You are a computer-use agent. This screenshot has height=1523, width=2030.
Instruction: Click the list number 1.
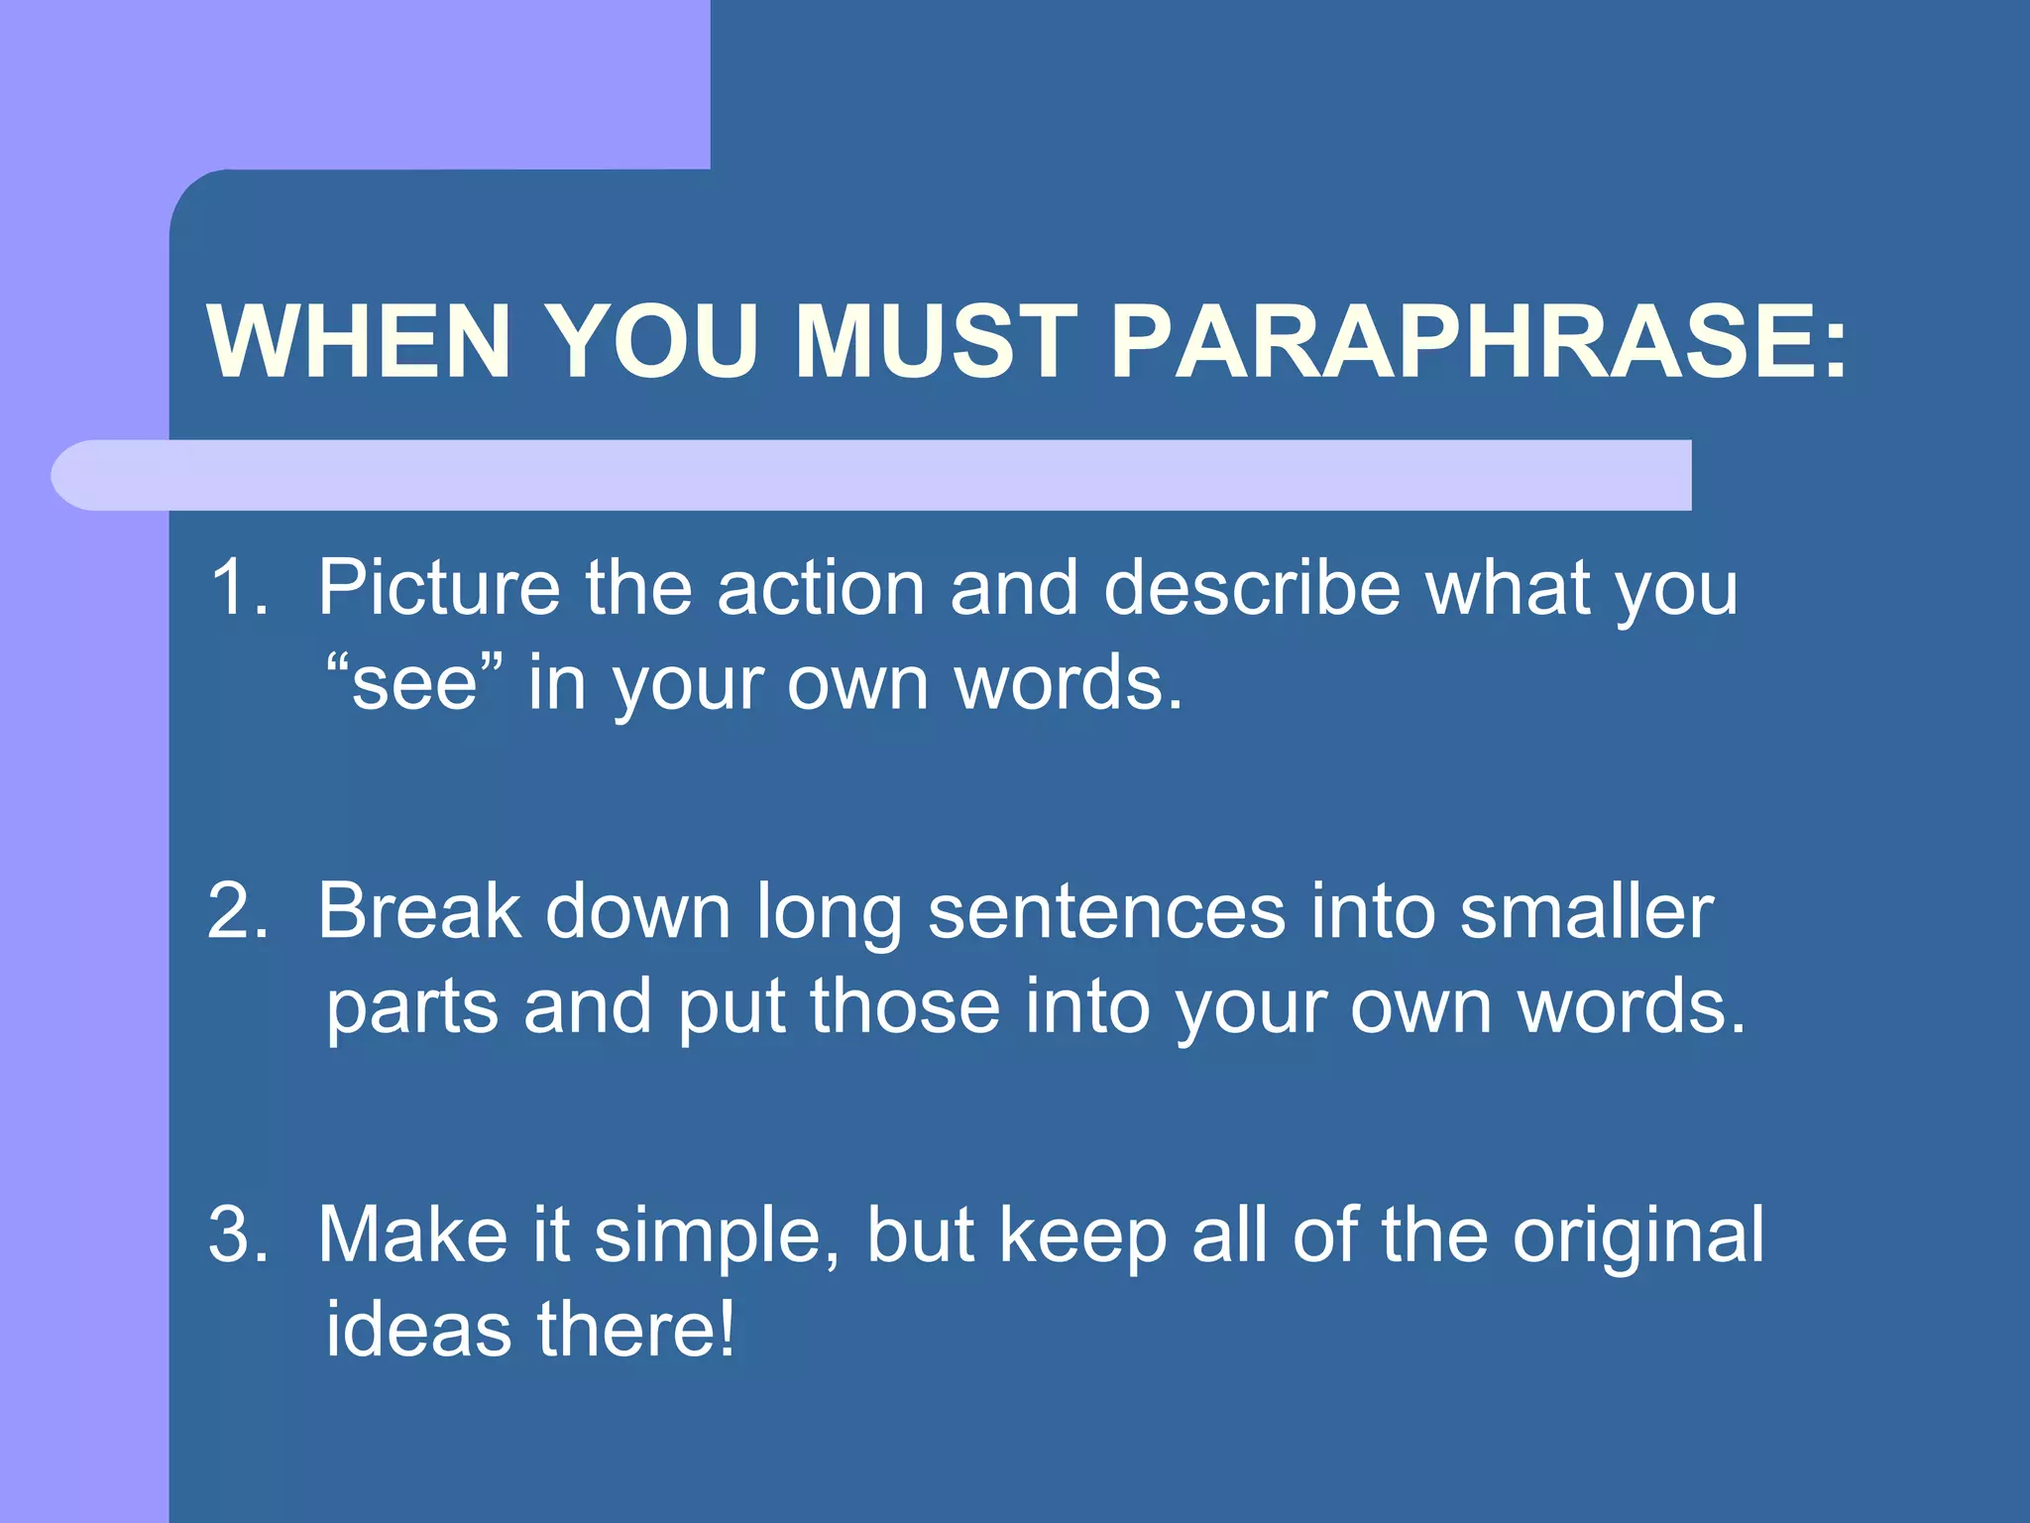coord(238,587)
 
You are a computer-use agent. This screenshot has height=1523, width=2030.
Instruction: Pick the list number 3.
coord(238,1233)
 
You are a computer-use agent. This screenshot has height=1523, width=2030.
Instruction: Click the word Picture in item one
coord(439,587)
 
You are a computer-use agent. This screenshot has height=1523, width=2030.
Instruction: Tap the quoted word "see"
coord(415,683)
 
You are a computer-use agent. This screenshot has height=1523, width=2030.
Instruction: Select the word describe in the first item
coord(1252,587)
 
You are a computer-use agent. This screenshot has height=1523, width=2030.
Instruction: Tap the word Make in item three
coord(412,1233)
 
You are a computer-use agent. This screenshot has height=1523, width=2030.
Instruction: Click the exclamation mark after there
coord(728,1329)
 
